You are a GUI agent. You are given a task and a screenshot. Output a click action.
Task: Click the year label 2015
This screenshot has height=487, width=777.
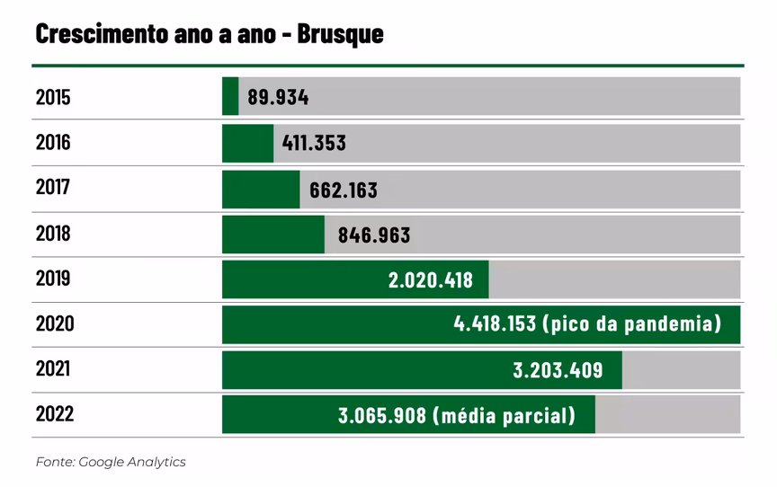53,97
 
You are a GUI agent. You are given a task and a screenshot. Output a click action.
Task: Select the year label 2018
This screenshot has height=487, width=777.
53,234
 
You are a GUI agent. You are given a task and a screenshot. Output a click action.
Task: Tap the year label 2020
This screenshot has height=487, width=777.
54,324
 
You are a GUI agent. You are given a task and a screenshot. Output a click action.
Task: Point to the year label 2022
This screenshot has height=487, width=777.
54,415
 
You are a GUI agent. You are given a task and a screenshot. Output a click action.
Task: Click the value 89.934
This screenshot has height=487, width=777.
278,97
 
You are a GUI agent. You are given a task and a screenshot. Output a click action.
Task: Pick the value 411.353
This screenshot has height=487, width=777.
314,143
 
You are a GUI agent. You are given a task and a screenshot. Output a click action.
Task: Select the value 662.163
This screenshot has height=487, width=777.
344,190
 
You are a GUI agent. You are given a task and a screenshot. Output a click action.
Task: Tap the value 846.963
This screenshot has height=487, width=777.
374,235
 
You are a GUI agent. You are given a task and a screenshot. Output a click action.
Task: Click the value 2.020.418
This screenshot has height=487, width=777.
430,280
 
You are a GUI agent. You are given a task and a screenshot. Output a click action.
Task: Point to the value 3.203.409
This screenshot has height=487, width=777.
558,370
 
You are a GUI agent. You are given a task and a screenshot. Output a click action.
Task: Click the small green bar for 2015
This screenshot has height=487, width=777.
230,96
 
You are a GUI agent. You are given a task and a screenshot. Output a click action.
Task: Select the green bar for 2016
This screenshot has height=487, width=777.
247,143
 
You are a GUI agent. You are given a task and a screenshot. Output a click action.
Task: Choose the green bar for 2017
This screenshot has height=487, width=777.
261,189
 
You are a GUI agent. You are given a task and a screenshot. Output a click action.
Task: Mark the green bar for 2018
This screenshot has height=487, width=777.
273,235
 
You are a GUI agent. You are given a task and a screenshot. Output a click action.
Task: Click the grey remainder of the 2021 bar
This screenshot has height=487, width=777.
681,370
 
